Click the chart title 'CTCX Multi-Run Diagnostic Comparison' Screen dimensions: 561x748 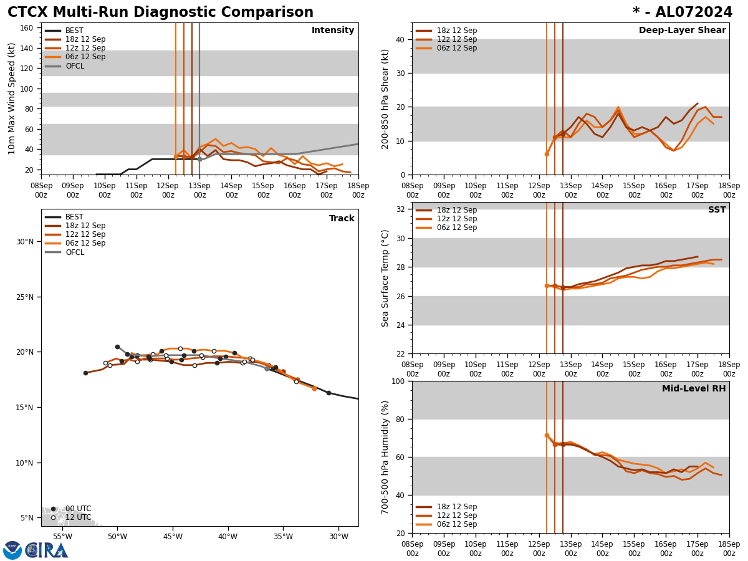coord(160,12)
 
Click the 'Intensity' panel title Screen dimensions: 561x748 coord(333,31)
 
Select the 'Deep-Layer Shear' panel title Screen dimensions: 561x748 coord(682,31)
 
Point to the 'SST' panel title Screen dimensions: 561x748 coord(717,210)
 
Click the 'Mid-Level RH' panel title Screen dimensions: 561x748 coord(694,389)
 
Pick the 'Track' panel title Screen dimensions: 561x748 coord(342,219)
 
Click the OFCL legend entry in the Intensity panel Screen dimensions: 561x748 coord(74,66)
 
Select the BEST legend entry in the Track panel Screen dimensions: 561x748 coord(74,217)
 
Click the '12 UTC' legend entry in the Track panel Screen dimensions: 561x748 coord(78,517)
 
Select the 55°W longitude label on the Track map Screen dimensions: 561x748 coord(62,537)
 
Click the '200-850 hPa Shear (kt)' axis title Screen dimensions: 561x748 coord(386,98)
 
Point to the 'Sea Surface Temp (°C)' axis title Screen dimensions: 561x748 coord(386,278)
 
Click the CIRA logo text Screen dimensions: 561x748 coord(47,550)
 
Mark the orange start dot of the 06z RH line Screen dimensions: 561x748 coord(547,435)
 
